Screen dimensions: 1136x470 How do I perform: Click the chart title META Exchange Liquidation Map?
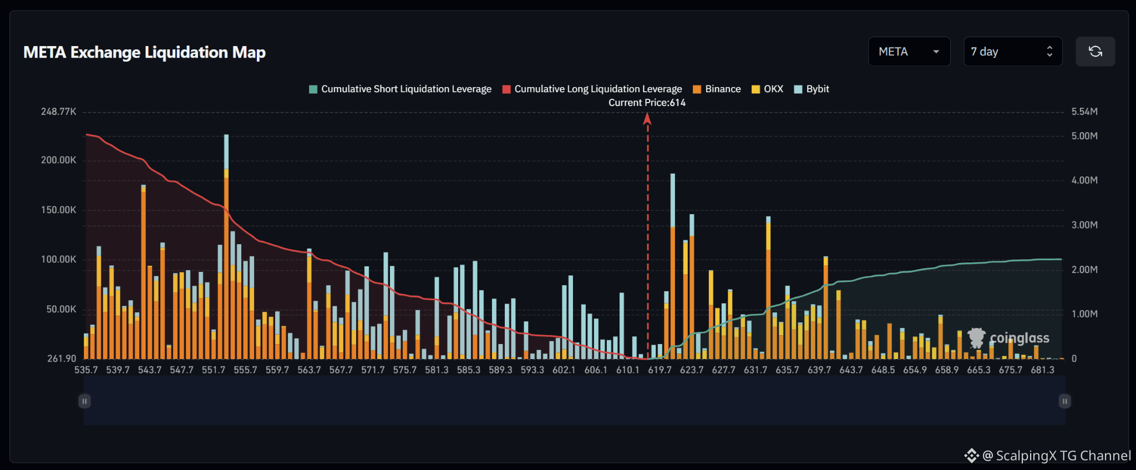(x=144, y=52)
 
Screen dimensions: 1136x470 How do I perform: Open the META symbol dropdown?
(x=909, y=52)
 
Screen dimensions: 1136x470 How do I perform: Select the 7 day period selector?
(x=1013, y=52)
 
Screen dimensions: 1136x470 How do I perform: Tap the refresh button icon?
(x=1095, y=52)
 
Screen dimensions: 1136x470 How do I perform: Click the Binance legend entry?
(x=717, y=89)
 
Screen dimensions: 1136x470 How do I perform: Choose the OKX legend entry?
(x=767, y=89)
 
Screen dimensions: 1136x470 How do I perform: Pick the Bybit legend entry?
(x=812, y=89)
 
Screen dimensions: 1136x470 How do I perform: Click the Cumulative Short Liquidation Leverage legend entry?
(x=400, y=89)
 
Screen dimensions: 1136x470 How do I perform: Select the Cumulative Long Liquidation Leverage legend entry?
(x=592, y=89)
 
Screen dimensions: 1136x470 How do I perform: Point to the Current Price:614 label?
(x=647, y=103)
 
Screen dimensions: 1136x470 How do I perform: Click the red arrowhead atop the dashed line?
(x=647, y=118)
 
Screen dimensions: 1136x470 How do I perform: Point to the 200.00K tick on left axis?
(x=59, y=160)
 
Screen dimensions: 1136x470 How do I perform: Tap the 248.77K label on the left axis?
(x=59, y=112)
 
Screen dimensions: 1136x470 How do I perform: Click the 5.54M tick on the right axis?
(x=1084, y=112)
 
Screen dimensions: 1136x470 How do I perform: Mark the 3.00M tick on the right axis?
(x=1084, y=225)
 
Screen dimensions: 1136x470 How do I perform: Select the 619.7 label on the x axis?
(x=660, y=370)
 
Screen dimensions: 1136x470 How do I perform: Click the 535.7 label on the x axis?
(x=86, y=370)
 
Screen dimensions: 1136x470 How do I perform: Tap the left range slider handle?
(x=84, y=401)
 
